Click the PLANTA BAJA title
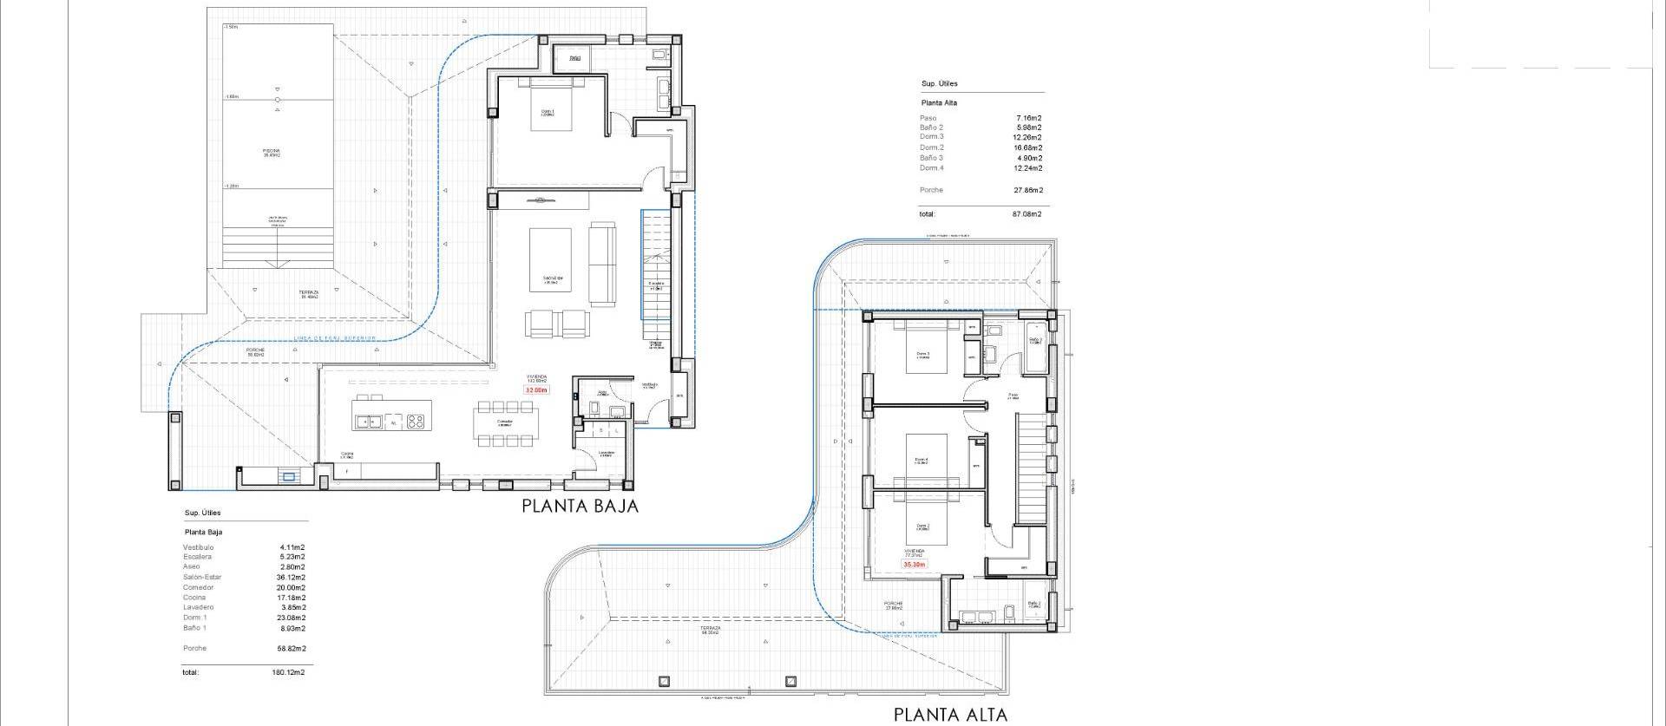point(580,507)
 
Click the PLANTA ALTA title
point(950,715)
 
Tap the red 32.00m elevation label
point(536,390)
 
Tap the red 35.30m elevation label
point(915,565)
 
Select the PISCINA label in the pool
point(272,152)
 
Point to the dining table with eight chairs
point(504,422)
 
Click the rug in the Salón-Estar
point(549,259)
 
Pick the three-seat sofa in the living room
point(601,264)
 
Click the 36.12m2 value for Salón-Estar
point(291,578)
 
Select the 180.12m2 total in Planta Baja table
point(288,672)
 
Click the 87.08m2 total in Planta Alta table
point(1028,213)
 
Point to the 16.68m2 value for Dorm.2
point(1028,147)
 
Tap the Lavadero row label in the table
point(198,607)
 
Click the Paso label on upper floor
point(1013,396)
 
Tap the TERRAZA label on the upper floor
point(712,629)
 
